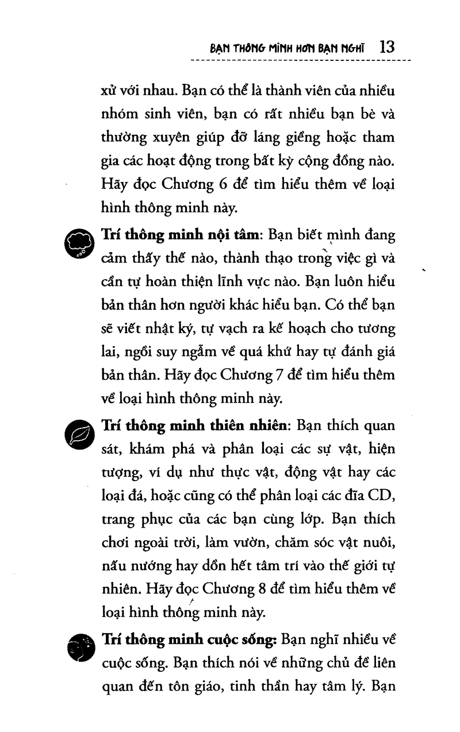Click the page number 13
(387, 47)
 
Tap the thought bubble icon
(78, 245)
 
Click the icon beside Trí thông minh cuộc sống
(78, 647)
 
